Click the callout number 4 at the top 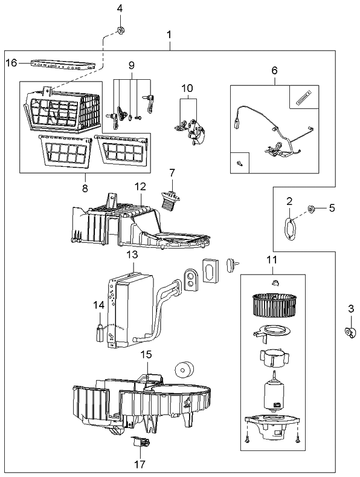tap(119, 8)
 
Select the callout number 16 tap(11, 62)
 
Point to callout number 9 tap(130, 65)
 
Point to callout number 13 tap(132, 256)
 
